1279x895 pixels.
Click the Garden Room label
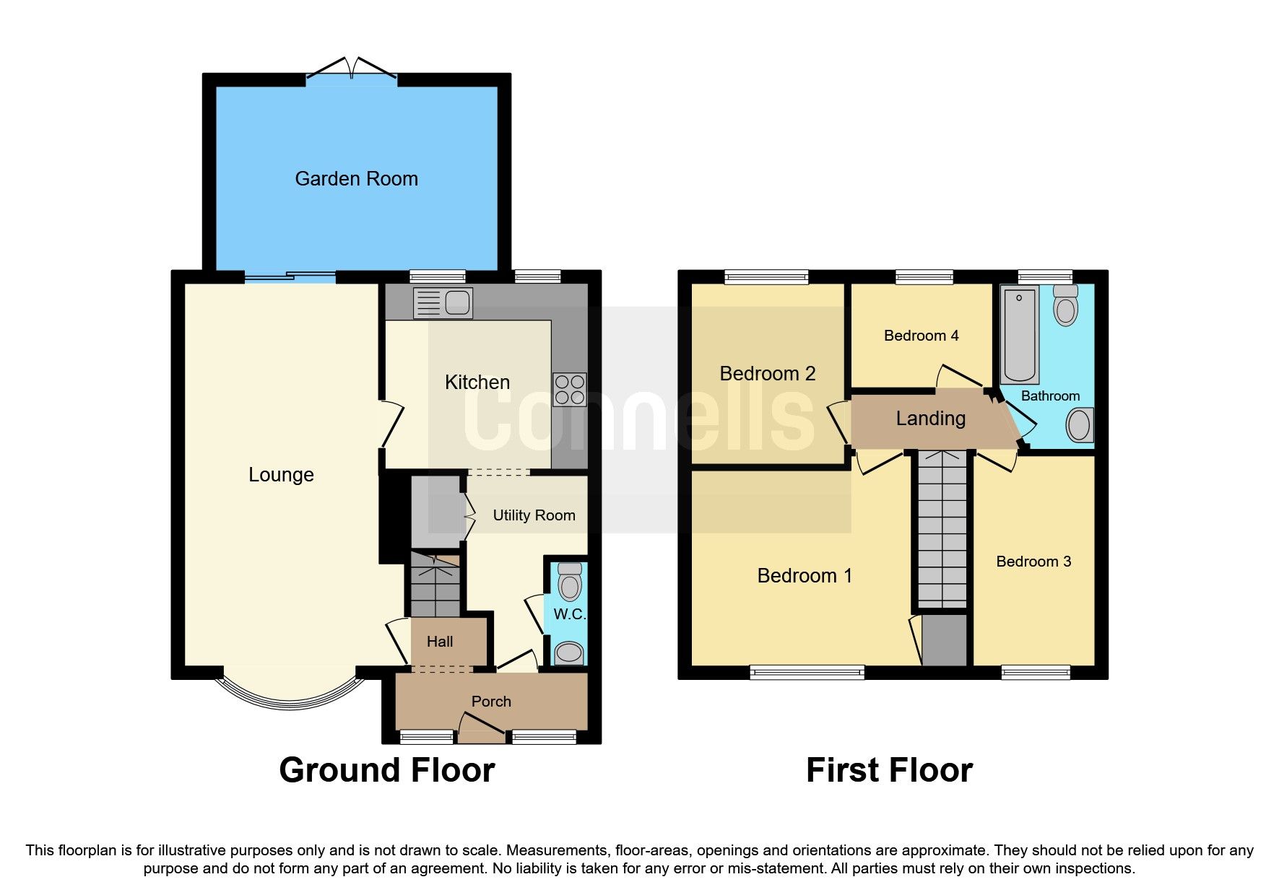tap(356, 179)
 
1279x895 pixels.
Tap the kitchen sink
tap(443, 303)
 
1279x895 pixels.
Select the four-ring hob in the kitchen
tap(569, 389)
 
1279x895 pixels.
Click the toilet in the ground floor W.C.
tap(570, 582)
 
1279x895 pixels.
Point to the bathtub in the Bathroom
tap(1020, 333)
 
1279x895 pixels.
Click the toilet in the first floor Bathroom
tap(1065, 305)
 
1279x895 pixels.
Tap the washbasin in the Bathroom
tap(1079, 424)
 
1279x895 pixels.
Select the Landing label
tap(930, 419)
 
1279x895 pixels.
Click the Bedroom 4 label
tap(921, 336)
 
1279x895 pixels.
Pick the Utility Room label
tap(534, 515)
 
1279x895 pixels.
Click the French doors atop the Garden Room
tap(352, 70)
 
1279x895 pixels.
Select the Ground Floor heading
tap(387, 770)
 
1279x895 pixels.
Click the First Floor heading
tap(889, 770)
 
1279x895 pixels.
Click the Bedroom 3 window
tap(1035, 673)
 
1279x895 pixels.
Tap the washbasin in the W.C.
tap(569, 653)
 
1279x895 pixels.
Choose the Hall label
tap(439, 642)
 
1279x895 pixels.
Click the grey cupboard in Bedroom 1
tap(944, 640)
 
